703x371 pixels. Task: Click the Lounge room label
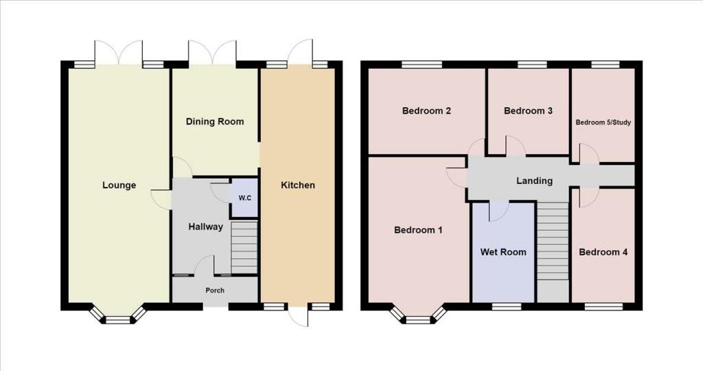point(119,185)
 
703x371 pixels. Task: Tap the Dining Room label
point(215,122)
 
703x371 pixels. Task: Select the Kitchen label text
point(298,185)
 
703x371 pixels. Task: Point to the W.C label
point(245,198)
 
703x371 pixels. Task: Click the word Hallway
point(205,227)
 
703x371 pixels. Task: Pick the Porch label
point(215,290)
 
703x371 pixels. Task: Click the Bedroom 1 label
point(418,230)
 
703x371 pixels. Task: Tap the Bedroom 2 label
point(426,111)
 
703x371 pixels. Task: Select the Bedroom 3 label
point(528,111)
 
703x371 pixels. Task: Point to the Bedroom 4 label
point(603,252)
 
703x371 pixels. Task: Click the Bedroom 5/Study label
point(603,122)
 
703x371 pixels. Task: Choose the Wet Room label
point(503,252)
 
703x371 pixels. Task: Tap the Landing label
point(534,181)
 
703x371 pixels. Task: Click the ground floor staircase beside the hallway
point(244,247)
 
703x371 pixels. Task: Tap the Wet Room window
point(506,307)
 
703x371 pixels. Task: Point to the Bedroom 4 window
point(603,307)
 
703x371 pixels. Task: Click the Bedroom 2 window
point(422,65)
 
